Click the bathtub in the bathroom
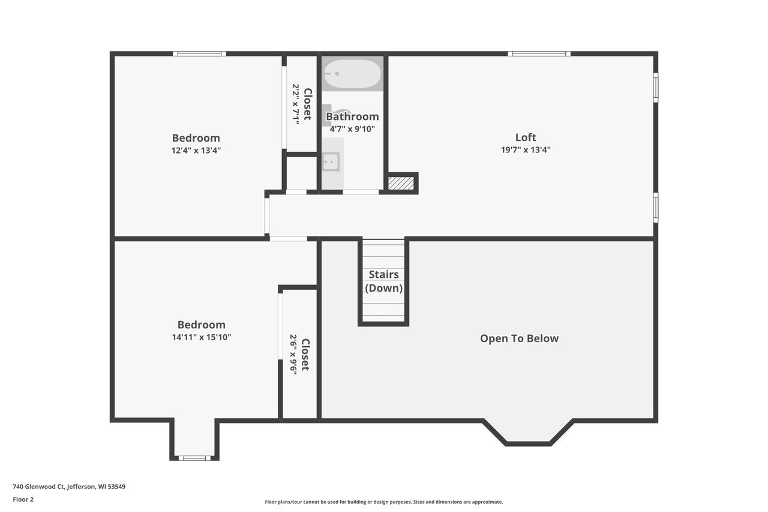(x=352, y=74)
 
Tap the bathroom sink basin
(x=331, y=162)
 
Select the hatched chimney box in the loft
(x=401, y=183)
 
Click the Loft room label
(x=526, y=137)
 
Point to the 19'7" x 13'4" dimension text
(x=526, y=150)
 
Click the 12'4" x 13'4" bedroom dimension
(x=196, y=151)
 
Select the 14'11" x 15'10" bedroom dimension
(x=201, y=337)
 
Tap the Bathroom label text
(x=352, y=116)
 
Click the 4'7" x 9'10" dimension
(x=352, y=129)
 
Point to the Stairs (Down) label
(x=383, y=281)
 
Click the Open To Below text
(x=519, y=339)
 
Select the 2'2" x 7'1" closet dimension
(x=296, y=104)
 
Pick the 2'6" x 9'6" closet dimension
(x=293, y=355)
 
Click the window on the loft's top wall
(x=539, y=53)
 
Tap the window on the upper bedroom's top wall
(x=199, y=53)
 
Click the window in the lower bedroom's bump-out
(x=194, y=458)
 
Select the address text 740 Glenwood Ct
(x=38, y=487)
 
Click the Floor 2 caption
(x=23, y=499)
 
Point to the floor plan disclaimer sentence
(x=383, y=502)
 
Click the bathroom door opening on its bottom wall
(x=361, y=192)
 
